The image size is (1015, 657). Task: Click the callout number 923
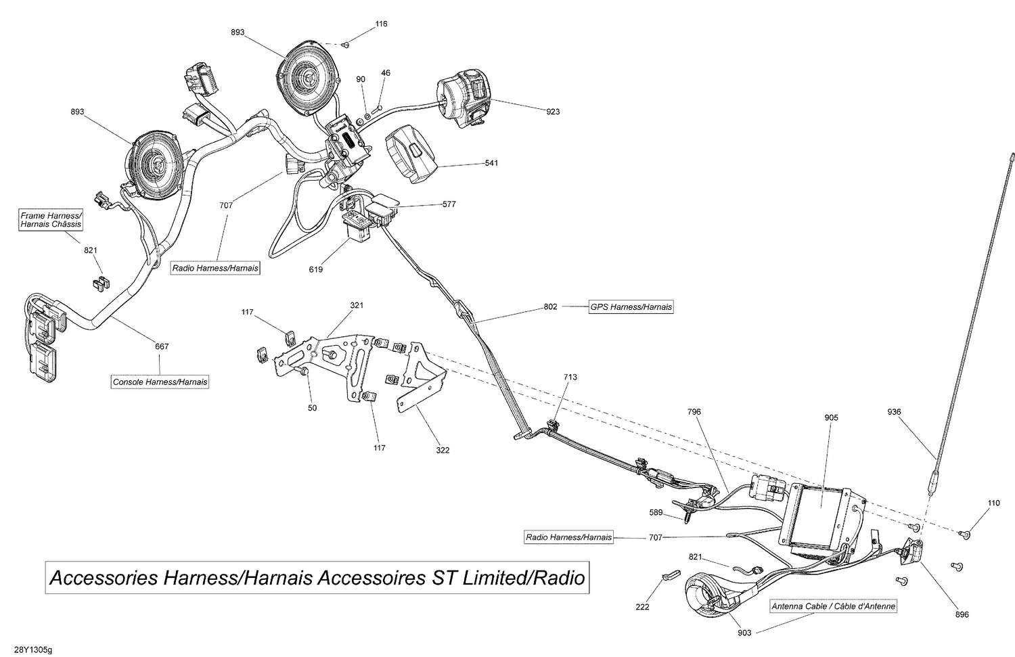[553, 112]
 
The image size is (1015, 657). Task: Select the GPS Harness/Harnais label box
[631, 307]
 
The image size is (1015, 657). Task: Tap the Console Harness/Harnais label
[160, 382]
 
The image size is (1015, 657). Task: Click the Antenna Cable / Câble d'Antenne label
[834, 606]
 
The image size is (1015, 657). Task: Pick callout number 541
[492, 163]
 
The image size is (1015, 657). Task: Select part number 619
[315, 269]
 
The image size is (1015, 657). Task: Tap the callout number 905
[831, 417]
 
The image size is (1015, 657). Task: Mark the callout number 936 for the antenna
[895, 412]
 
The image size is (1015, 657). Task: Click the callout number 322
[443, 450]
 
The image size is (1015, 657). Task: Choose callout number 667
[162, 346]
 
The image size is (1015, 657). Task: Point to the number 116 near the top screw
[381, 24]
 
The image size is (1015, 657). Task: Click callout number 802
[550, 307]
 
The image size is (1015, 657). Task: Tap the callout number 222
[642, 607]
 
